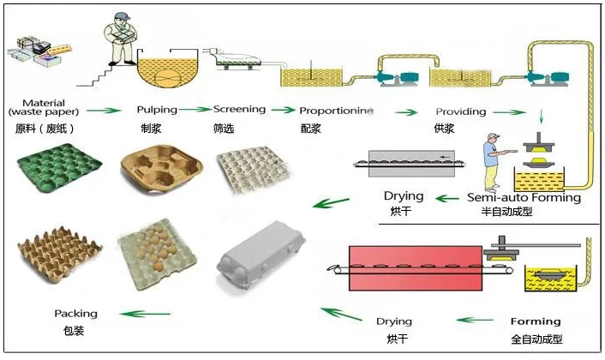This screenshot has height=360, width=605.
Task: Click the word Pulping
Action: point(157,110)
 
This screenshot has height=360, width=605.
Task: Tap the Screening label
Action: point(240,110)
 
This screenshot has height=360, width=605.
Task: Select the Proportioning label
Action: point(337,111)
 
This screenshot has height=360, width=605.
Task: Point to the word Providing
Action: point(461,111)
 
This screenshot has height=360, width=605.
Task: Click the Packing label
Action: point(75,314)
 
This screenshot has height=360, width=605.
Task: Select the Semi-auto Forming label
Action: point(524,197)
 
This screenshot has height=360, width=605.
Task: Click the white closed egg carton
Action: point(261,255)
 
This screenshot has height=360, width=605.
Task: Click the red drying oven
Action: point(416,268)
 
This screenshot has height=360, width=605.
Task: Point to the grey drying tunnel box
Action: point(411,164)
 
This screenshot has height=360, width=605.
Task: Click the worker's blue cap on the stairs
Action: point(121,16)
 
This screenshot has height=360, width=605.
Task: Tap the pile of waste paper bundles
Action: point(39,51)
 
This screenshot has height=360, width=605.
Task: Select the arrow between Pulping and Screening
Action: point(195,110)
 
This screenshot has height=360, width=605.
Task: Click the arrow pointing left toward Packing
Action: point(145,314)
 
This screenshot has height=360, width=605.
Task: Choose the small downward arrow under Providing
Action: point(541,116)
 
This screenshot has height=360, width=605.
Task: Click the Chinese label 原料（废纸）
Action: point(45,128)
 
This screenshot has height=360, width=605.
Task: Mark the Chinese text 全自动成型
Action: point(536,339)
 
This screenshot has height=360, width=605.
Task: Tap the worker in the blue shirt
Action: point(493,163)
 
